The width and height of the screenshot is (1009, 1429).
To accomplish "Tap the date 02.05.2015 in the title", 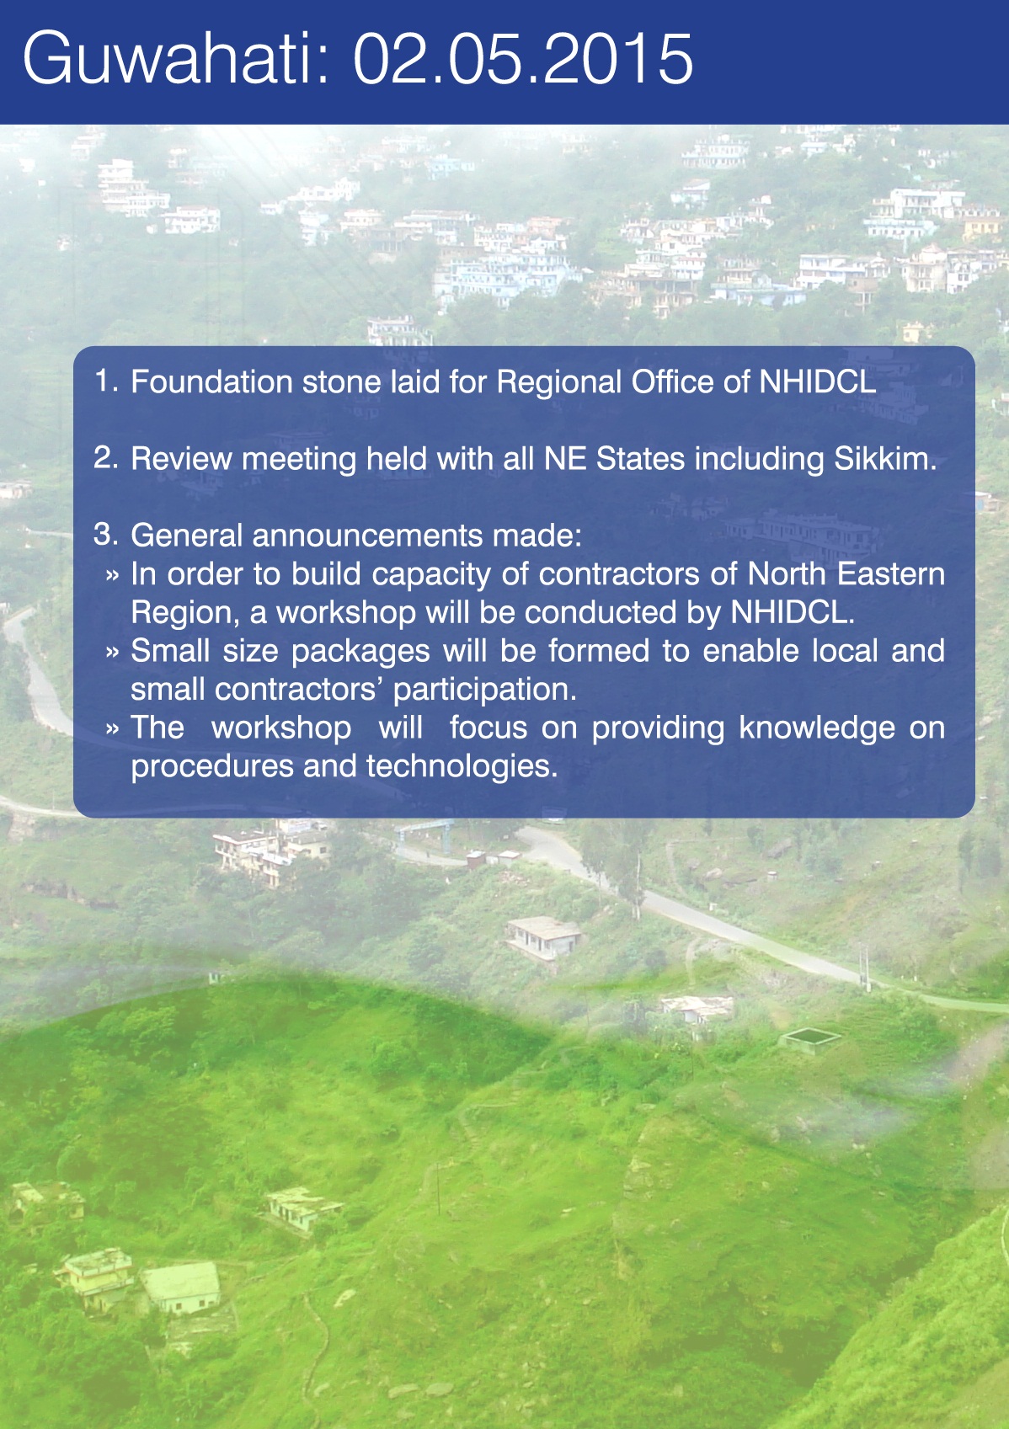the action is coord(523,59).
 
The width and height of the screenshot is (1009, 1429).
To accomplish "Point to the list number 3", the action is coord(106,535).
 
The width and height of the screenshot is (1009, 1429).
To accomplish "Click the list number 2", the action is coord(106,458).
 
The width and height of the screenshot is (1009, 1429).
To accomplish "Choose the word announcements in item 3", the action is coord(367,535).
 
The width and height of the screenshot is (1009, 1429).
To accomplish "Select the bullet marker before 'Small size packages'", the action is coord(112,652).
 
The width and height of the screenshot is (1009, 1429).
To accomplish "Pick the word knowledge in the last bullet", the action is coord(817,728).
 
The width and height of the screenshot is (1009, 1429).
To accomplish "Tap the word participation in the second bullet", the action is coord(485,691).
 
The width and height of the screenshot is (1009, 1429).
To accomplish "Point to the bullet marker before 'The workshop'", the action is coord(112,728).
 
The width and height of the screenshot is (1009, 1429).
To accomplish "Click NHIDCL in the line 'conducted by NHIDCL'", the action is coord(792,612).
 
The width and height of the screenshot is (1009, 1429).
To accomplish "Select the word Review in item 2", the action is coord(181,458).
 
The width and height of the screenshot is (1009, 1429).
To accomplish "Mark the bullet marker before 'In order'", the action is coord(112,575).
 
